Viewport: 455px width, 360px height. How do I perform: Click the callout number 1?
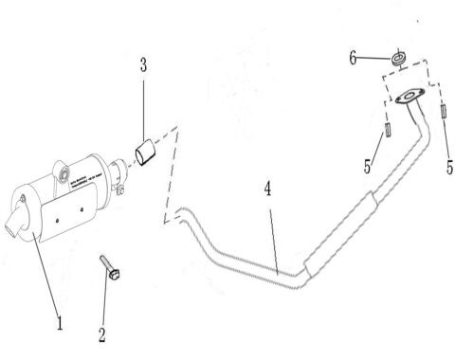pos(58,323)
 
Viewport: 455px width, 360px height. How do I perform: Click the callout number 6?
pos(353,57)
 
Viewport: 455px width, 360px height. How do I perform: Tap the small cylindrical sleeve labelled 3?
pos(146,151)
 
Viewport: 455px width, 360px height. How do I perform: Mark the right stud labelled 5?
pos(444,112)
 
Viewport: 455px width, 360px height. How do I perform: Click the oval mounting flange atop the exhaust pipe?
pos(410,95)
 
